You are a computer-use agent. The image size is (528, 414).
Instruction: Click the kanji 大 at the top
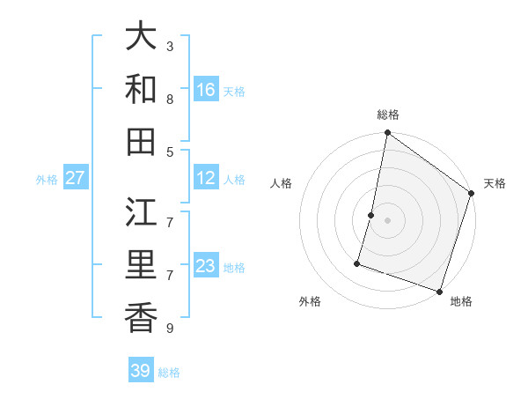tap(142, 37)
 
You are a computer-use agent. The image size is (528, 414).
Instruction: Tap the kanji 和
tap(142, 89)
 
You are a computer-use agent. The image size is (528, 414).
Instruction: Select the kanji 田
tap(142, 141)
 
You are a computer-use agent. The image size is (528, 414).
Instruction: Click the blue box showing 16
tap(206, 89)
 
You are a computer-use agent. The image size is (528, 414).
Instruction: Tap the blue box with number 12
tap(206, 178)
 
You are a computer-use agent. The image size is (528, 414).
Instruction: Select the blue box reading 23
tap(206, 266)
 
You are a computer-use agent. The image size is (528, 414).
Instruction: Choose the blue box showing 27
tap(76, 178)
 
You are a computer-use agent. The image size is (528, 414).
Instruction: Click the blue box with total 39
tap(141, 371)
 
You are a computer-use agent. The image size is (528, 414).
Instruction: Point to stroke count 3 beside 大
tap(170, 46)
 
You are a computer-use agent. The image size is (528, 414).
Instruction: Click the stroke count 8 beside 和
tap(170, 99)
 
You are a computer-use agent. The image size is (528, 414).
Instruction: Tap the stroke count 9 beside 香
tap(170, 329)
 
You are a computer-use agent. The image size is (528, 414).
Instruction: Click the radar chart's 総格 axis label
tap(388, 115)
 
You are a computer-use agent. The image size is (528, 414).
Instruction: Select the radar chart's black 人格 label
tap(282, 183)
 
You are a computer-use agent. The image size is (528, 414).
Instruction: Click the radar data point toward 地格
tap(439, 291)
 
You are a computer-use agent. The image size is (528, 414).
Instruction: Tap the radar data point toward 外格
tap(358, 262)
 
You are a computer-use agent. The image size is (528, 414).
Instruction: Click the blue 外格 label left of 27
tap(47, 179)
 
